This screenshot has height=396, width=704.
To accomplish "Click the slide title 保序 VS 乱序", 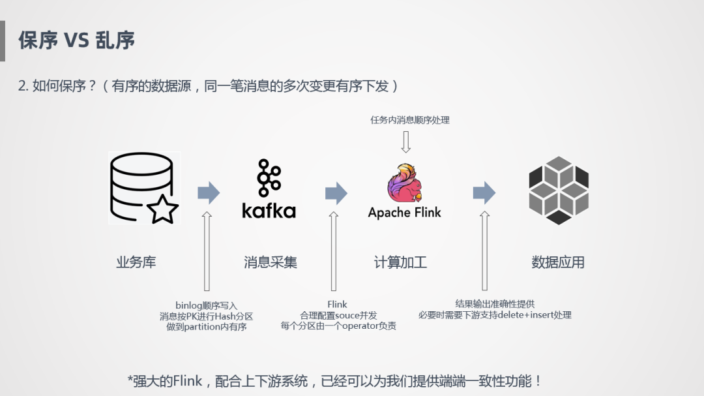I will coord(76,40).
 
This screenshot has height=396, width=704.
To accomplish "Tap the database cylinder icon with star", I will coord(143,188).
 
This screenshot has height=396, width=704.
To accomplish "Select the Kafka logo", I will coord(269,189).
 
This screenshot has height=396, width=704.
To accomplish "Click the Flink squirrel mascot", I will coord(404,183).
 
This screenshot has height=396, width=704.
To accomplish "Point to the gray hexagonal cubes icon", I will coord(559,190).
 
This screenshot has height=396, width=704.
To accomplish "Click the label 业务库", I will coord(136,262).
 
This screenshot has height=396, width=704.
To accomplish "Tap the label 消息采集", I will coord(271,262).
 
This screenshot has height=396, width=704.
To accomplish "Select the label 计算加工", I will coord(400,262).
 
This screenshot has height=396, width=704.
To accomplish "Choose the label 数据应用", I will coord(558,262).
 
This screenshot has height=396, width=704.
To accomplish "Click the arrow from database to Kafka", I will coord(209,192).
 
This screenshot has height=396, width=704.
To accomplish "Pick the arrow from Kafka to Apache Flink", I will coord(336,192).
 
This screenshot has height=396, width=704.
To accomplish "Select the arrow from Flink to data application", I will coord(484,192).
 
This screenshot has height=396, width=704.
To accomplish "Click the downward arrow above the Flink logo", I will coord(406,142).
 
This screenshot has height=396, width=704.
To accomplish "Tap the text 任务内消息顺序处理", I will coord(410,120).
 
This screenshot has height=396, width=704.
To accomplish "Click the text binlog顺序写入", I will coord(206,305).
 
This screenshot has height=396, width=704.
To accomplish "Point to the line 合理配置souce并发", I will coord(338,315).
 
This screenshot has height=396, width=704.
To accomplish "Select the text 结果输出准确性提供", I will coord(495,304).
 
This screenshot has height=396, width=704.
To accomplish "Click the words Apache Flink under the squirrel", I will coord(404,213).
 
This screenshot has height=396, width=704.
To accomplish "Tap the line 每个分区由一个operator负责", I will coord(338,326).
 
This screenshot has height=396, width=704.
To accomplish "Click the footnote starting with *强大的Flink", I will coord(335,381).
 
